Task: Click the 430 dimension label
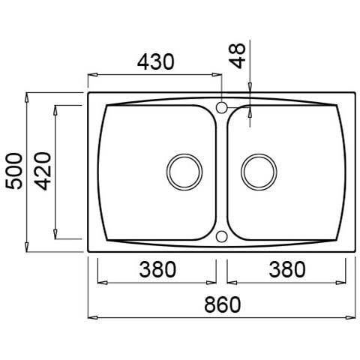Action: [x=155, y=61]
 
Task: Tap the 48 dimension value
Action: [x=238, y=55]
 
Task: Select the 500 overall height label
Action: [x=14, y=171]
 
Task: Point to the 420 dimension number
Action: [x=43, y=171]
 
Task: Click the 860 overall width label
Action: [x=223, y=304]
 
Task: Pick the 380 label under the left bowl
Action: [x=157, y=269]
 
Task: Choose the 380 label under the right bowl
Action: [x=287, y=269]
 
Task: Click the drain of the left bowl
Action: [x=184, y=172]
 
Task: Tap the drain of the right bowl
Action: [x=259, y=172]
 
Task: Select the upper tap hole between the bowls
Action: [x=221, y=108]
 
